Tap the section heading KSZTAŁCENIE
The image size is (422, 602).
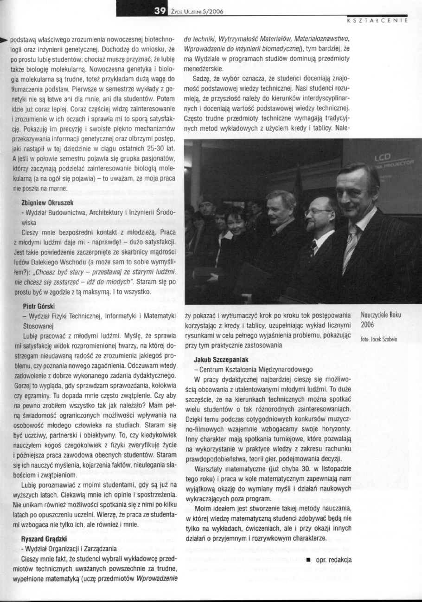coord(376,20)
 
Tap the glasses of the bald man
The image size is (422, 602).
coord(318,211)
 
